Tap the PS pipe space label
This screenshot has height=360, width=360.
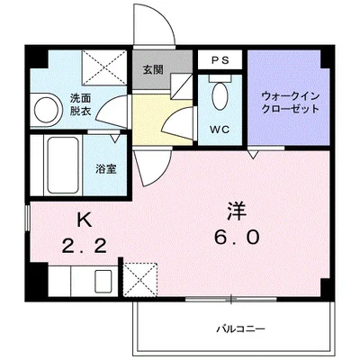tap(220, 60)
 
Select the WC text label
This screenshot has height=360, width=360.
tap(218, 129)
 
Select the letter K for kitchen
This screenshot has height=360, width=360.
tap(83, 219)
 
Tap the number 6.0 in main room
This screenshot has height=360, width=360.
tap(237, 239)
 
